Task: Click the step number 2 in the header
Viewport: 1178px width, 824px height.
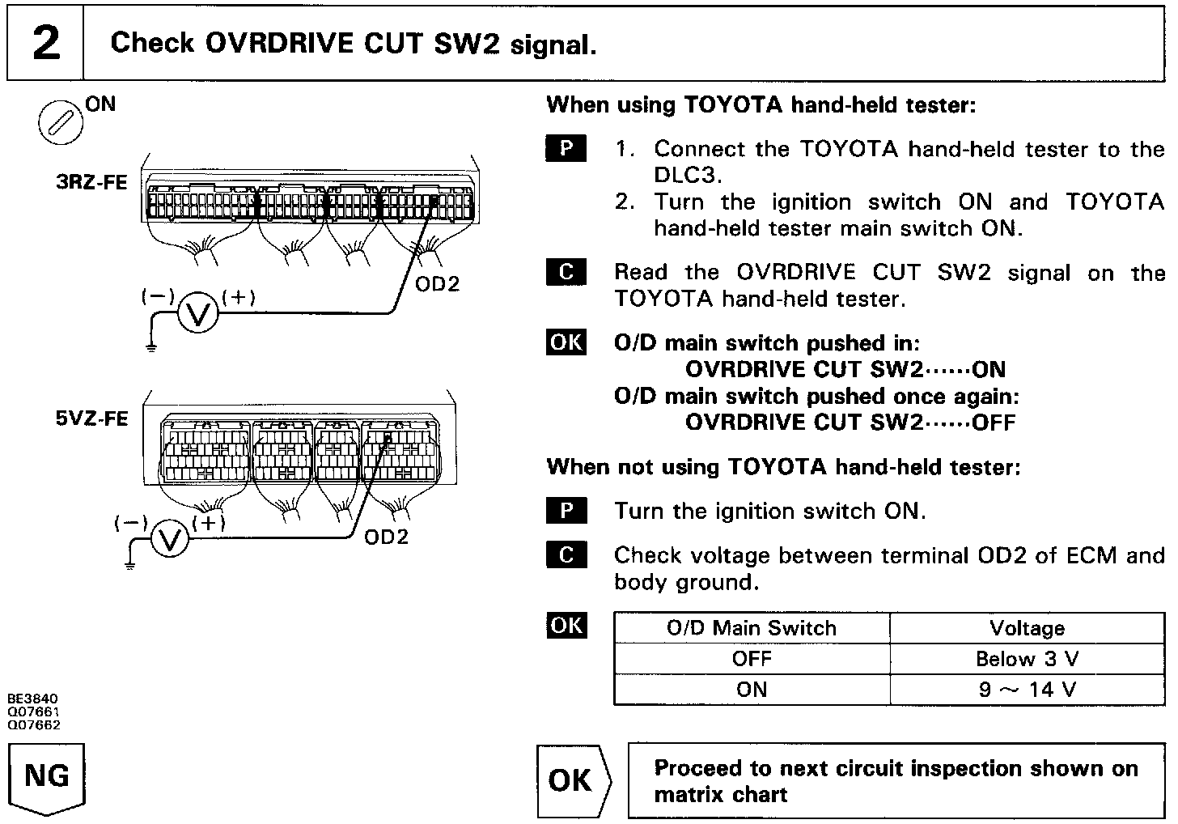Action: click(x=45, y=43)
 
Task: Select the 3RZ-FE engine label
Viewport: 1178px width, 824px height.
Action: click(x=91, y=182)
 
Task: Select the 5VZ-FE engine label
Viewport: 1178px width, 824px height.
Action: click(x=91, y=418)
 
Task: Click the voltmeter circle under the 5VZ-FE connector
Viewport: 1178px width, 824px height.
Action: click(x=169, y=540)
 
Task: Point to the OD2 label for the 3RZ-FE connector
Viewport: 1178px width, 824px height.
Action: click(x=437, y=284)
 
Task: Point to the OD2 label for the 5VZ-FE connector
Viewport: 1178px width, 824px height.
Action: click(x=387, y=537)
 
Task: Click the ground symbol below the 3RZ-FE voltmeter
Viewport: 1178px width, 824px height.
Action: click(x=150, y=347)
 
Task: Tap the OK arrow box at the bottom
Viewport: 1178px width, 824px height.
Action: click(x=573, y=780)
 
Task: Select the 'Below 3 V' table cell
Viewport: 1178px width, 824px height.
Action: click(x=1027, y=659)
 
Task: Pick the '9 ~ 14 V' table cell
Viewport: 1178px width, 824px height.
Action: click(x=1027, y=690)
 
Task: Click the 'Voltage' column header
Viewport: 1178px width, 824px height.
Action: click(x=1027, y=628)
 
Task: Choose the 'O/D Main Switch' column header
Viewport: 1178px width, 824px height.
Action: click(x=752, y=628)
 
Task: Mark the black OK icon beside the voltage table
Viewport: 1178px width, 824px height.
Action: click(x=566, y=625)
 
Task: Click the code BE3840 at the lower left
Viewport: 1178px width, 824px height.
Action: click(x=33, y=698)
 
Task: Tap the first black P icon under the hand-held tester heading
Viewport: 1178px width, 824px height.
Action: click(x=566, y=148)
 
